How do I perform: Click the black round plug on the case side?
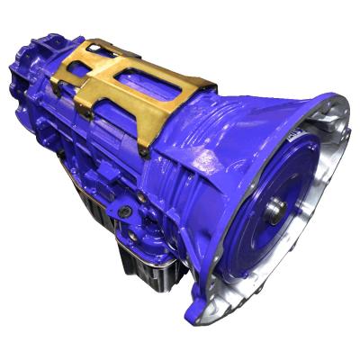click(x=126, y=212)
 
